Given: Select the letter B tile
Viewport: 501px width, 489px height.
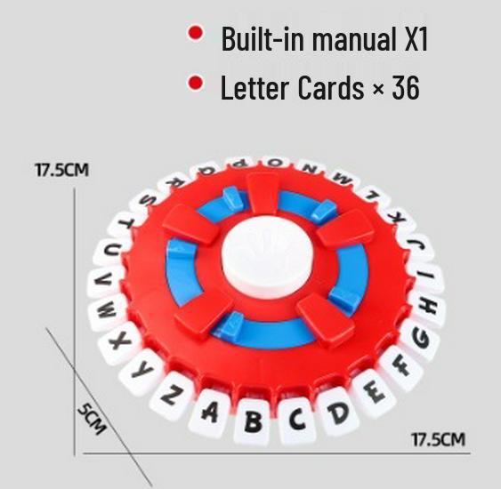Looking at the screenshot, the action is [254, 421].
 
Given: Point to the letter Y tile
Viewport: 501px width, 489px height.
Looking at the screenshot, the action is [141, 371].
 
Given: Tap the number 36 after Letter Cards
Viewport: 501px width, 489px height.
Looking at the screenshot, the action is [406, 87].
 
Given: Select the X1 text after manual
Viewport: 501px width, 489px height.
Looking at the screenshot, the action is [416, 38].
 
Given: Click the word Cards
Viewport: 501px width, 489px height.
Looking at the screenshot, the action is [331, 87].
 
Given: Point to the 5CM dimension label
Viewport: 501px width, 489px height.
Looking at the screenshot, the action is [92, 419].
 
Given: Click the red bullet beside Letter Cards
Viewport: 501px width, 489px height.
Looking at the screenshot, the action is [195, 83].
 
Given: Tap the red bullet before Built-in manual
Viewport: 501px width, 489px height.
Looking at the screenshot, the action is [195, 33].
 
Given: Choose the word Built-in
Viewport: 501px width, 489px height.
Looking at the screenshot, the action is [263, 38].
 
